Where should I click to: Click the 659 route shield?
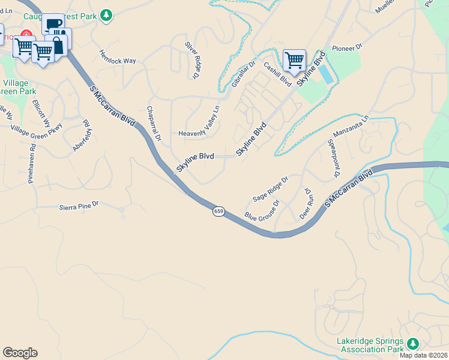click(x=218, y=211)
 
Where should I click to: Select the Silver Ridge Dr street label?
click(x=191, y=60)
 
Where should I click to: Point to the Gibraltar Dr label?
click(x=244, y=74)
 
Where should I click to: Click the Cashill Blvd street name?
click(x=277, y=75)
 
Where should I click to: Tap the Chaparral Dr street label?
click(x=154, y=124)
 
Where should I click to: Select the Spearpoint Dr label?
click(x=333, y=159)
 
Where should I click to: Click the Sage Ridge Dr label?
click(x=271, y=188)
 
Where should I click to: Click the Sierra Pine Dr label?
click(x=78, y=206)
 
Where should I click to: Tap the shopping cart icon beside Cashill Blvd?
click(x=294, y=59)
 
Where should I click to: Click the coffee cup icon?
click(x=53, y=24)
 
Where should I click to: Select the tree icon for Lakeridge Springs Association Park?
click(x=412, y=343)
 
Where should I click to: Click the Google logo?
click(x=20, y=353)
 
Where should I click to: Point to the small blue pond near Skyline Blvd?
click(x=325, y=74)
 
